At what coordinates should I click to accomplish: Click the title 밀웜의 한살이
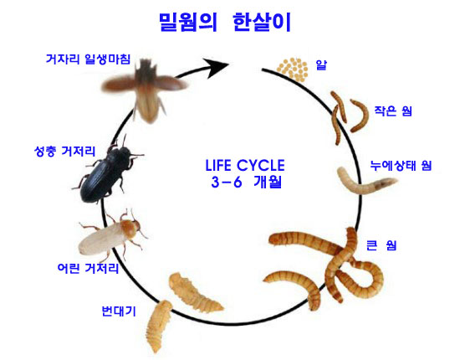[225, 23]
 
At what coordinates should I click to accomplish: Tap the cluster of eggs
[293, 69]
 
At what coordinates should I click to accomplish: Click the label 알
[321, 64]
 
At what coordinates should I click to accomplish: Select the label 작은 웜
[393, 111]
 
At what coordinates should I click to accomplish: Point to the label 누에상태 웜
[401, 166]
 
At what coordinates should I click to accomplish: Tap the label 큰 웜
[381, 245]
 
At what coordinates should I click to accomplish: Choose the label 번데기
[119, 311]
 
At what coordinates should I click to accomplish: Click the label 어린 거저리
[88, 268]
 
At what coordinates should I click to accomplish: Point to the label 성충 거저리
[65, 152]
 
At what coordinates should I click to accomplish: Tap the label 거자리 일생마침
[88, 59]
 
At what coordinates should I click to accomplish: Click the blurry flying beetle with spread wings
[145, 88]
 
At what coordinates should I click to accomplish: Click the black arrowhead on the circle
[217, 67]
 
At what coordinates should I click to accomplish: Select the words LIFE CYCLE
[245, 165]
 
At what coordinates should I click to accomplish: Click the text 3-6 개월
[247, 183]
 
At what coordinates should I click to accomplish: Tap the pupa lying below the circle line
[157, 327]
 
